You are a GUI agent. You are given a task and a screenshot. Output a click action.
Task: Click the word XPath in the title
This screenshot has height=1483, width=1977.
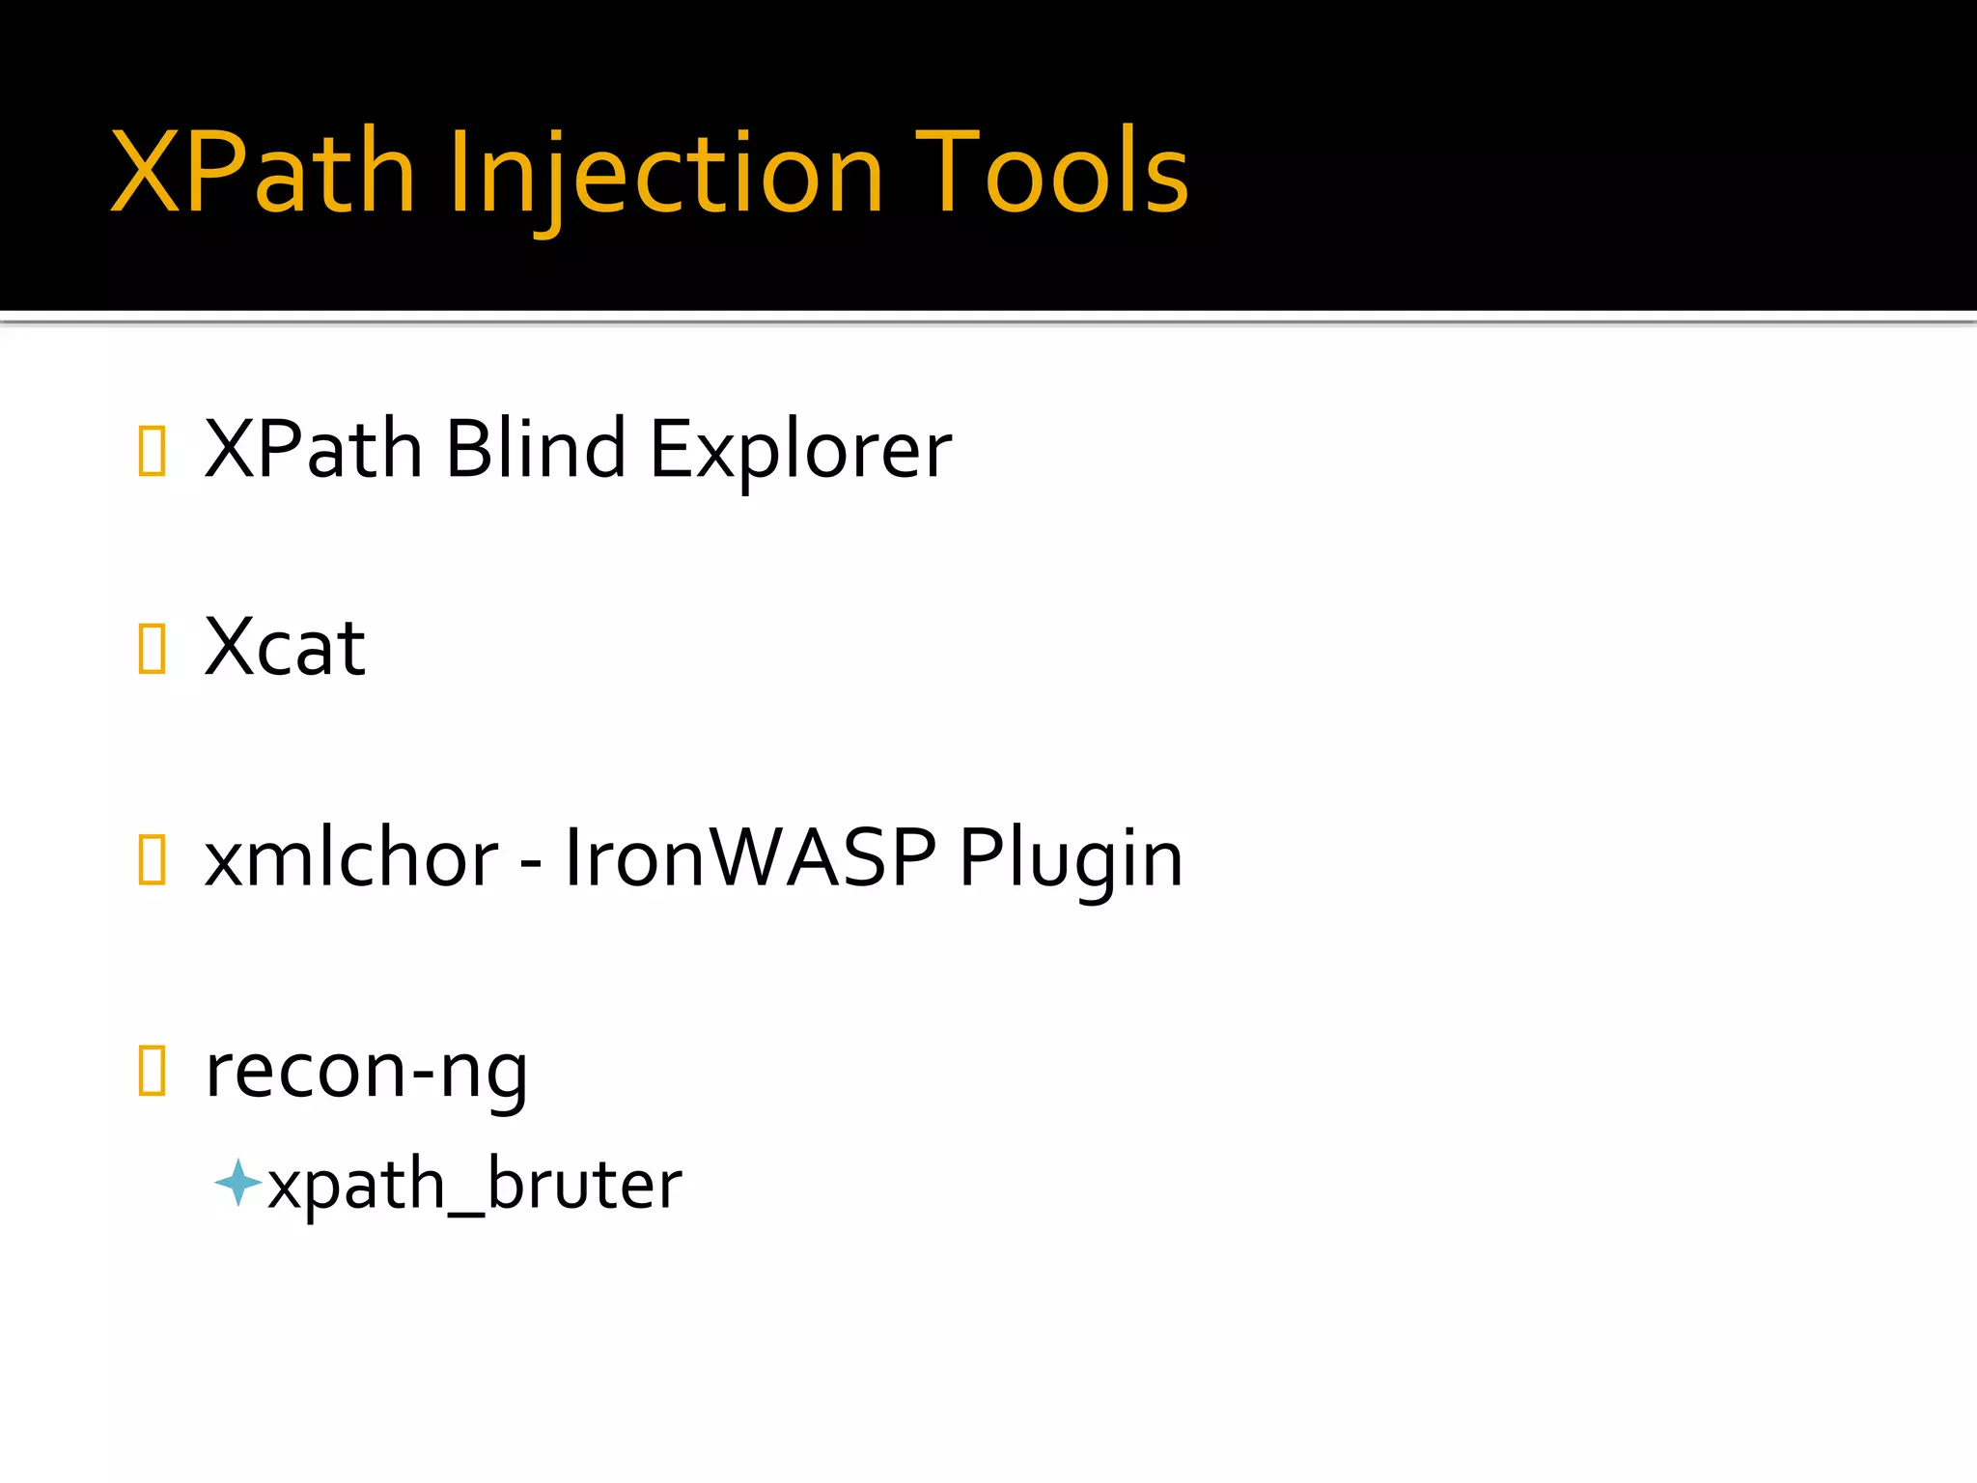coord(263,172)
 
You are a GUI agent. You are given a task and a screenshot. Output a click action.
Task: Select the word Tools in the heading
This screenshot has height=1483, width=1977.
coord(1052,172)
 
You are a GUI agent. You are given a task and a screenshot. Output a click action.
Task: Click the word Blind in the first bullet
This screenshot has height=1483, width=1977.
coord(535,449)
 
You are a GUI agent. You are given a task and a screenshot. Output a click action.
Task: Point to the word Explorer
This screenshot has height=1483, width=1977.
coord(800,451)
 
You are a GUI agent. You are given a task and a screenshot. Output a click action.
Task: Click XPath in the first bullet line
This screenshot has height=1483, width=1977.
coord(314,449)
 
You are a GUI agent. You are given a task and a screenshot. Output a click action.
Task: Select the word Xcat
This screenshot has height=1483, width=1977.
coord(285,647)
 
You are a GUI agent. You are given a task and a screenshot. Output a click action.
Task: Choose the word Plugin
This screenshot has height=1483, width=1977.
coord(1071,859)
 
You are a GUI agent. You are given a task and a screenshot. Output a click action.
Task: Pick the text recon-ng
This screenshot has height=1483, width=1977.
coord(366,1072)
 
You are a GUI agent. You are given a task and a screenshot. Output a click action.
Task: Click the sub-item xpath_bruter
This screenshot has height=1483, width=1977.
coord(474,1184)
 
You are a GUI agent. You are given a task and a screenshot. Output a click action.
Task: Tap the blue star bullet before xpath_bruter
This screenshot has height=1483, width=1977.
coord(237,1183)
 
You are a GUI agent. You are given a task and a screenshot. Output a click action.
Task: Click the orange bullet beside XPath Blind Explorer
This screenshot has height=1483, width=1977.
coord(153,451)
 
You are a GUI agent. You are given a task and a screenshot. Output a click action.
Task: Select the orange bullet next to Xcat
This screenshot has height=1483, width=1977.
coord(153,648)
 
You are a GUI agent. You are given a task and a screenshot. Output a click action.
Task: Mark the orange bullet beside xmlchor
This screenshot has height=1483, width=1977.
coord(153,859)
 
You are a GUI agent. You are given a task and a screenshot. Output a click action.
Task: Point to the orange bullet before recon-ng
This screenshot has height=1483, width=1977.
coord(153,1071)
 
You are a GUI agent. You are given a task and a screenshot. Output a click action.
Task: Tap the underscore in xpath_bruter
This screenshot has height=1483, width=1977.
coord(466,1210)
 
